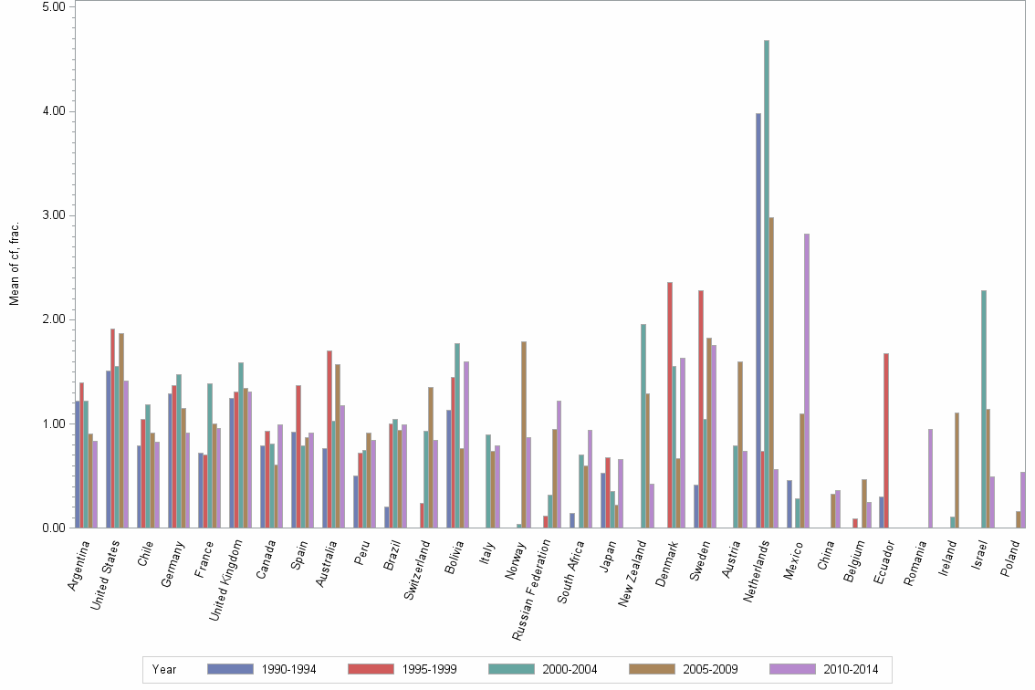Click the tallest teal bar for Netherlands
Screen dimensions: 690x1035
click(767, 284)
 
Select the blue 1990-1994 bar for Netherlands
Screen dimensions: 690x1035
click(758, 320)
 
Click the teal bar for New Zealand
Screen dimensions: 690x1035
click(643, 425)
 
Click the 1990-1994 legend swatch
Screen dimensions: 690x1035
click(231, 669)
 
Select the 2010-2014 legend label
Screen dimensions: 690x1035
click(851, 670)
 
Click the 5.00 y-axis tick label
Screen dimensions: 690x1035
click(52, 6)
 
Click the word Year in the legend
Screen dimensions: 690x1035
click(165, 670)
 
